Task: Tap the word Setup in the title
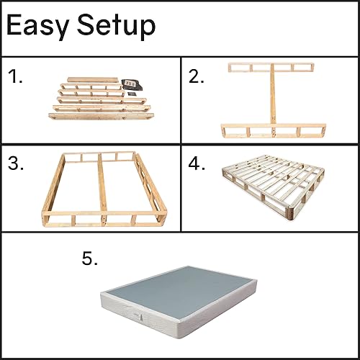(114, 27)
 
